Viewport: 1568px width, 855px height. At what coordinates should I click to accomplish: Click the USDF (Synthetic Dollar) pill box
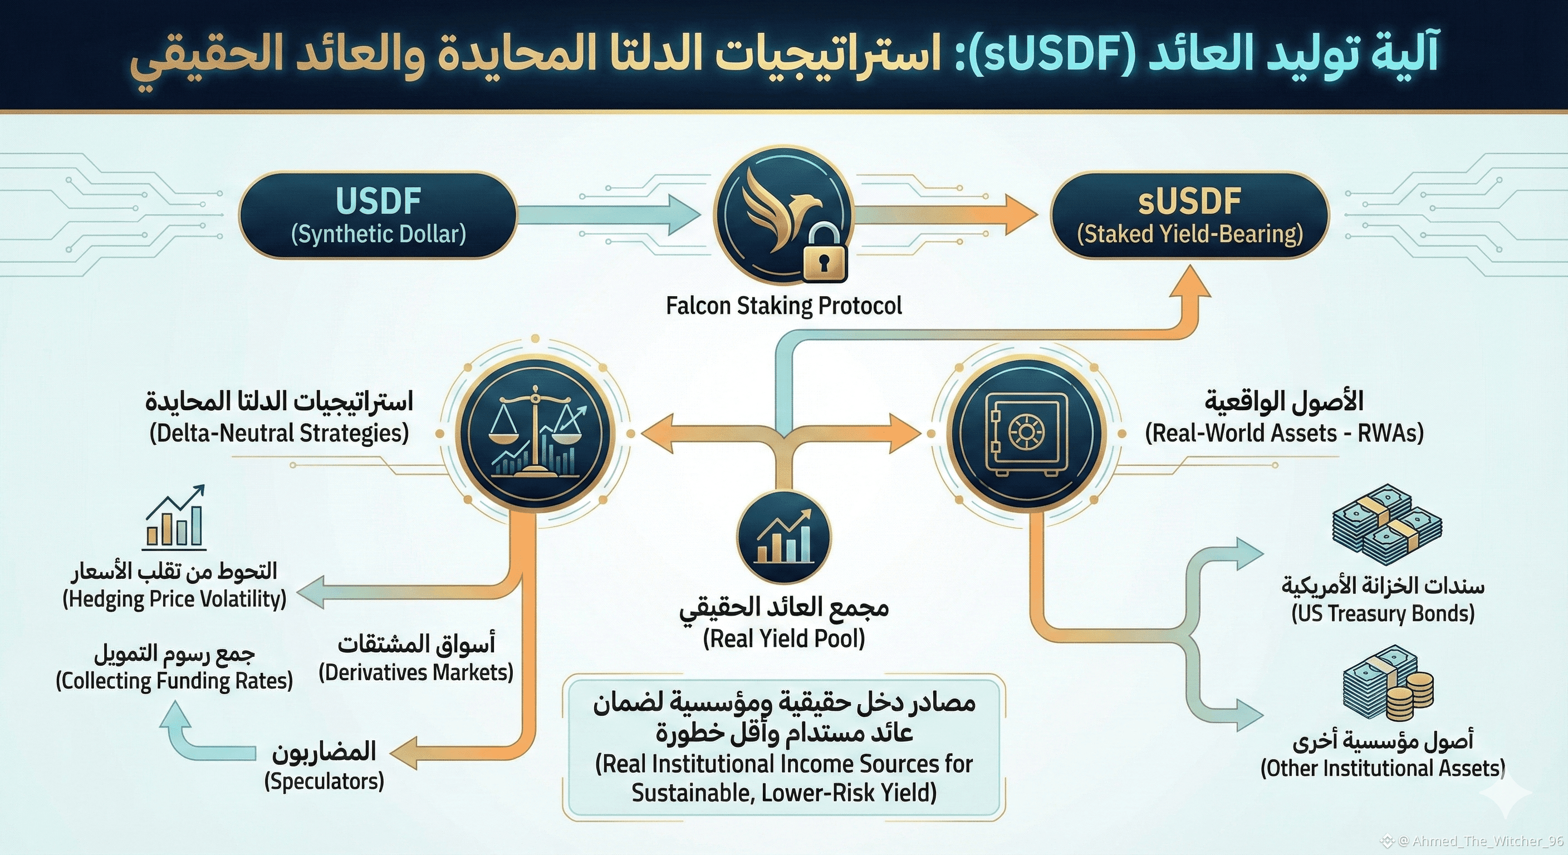(x=378, y=215)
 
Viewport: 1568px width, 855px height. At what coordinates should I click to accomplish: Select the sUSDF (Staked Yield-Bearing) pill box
(x=1189, y=215)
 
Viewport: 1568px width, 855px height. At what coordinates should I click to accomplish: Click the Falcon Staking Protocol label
(x=783, y=306)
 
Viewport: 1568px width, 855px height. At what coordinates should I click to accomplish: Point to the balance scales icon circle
(x=535, y=433)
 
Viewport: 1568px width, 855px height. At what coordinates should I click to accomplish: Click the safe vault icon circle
(x=1026, y=433)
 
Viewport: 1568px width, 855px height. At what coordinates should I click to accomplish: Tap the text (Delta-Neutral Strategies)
(x=279, y=433)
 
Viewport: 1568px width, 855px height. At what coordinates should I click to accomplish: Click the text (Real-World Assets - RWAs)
(x=1285, y=433)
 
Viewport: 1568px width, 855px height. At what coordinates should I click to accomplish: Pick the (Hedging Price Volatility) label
(x=174, y=600)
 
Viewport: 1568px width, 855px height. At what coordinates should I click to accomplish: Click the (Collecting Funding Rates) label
(x=174, y=681)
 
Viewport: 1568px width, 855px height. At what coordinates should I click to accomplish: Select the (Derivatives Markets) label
(x=416, y=672)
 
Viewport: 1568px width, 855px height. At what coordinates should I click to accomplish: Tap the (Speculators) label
(x=324, y=782)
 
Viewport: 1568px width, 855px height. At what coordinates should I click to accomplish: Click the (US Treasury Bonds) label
(x=1383, y=613)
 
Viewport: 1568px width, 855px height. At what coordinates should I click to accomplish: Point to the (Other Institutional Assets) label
(x=1383, y=769)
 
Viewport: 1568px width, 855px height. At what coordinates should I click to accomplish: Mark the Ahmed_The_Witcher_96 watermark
(x=1479, y=842)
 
